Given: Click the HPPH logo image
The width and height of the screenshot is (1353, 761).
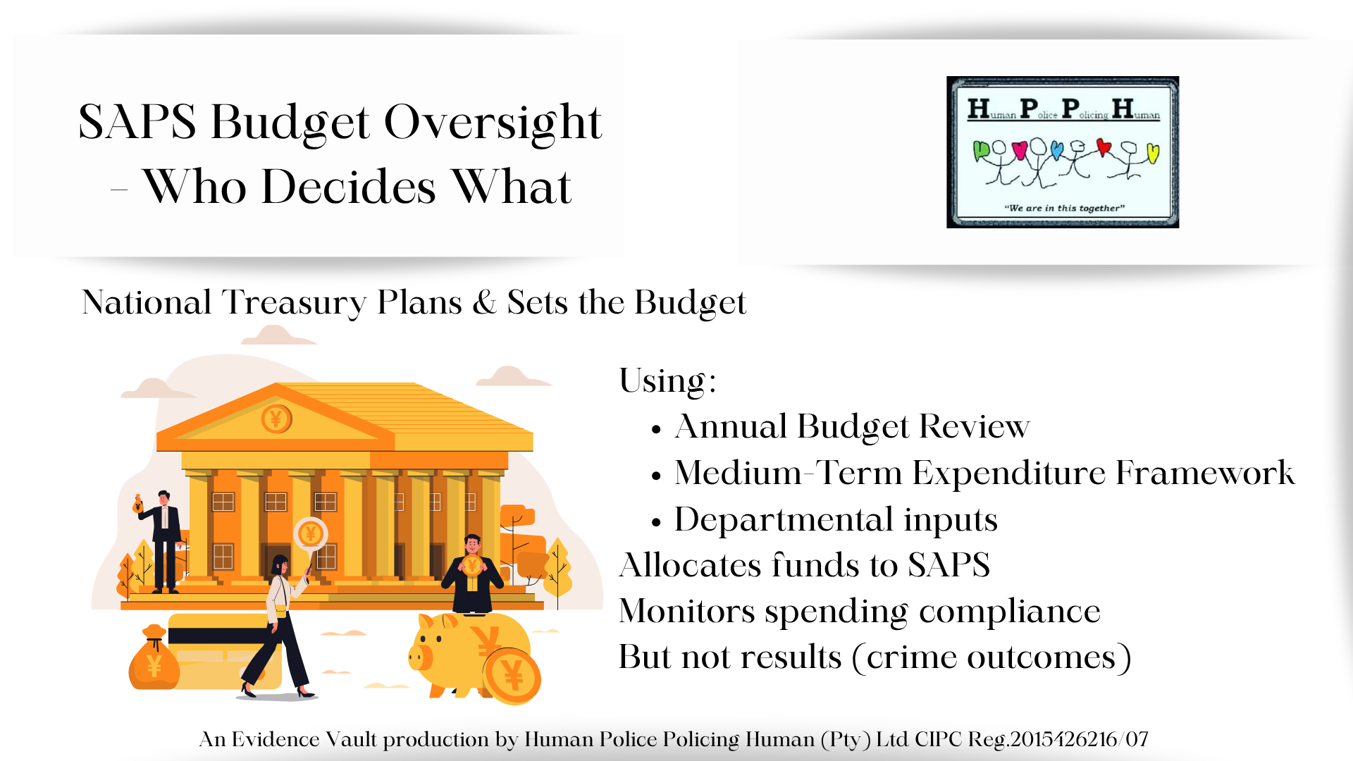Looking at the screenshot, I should click(x=1062, y=152).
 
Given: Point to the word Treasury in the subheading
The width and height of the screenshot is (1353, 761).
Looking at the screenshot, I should click(x=294, y=303).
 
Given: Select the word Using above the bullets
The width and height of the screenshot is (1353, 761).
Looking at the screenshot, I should click(x=662, y=381).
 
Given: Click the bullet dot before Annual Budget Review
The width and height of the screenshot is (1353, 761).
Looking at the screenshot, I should click(x=656, y=429).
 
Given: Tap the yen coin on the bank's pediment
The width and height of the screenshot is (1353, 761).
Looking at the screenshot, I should click(x=276, y=419).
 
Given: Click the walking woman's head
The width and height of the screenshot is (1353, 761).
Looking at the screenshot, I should click(x=280, y=564).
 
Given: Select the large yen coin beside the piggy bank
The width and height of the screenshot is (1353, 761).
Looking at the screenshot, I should click(x=513, y=676).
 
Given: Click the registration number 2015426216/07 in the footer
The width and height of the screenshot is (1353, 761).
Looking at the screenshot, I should click(x=1079, y=739).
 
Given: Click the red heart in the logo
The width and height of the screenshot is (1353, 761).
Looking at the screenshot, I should click(x=1104, y=147).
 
